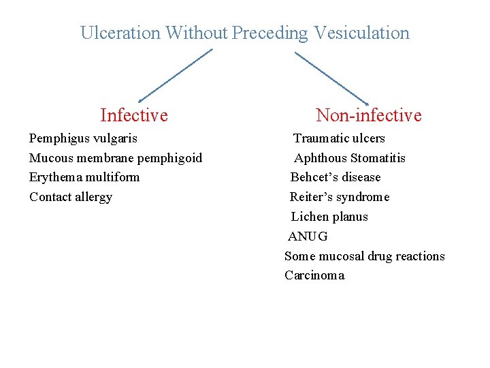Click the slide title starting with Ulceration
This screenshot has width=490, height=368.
point(245,33)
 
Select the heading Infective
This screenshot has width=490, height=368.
point(133,115)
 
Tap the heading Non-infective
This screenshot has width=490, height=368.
point(368,115)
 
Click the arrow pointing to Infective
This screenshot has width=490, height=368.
point(175,76)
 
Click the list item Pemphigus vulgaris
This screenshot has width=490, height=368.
point(83,138)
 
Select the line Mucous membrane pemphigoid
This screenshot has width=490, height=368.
point(116,158)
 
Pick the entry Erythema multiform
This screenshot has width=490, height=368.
point(84,177)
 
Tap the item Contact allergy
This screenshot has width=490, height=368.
point(71,197)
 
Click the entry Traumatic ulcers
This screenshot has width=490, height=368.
point(339,138)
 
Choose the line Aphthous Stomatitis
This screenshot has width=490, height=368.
point(349,158)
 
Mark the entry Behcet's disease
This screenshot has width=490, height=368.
point(336,177)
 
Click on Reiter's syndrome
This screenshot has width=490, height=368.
point(340,197)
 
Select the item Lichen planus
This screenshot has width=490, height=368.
point(329,217)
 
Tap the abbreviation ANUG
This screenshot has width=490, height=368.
point(308,236)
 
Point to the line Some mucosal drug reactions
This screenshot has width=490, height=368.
point(364,256)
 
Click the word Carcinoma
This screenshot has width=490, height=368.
point(314,275)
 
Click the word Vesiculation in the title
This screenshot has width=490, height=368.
point(361,33)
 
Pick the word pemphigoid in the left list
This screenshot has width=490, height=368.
point(169,158)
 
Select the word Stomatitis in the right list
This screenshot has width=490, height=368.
point(378,158)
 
